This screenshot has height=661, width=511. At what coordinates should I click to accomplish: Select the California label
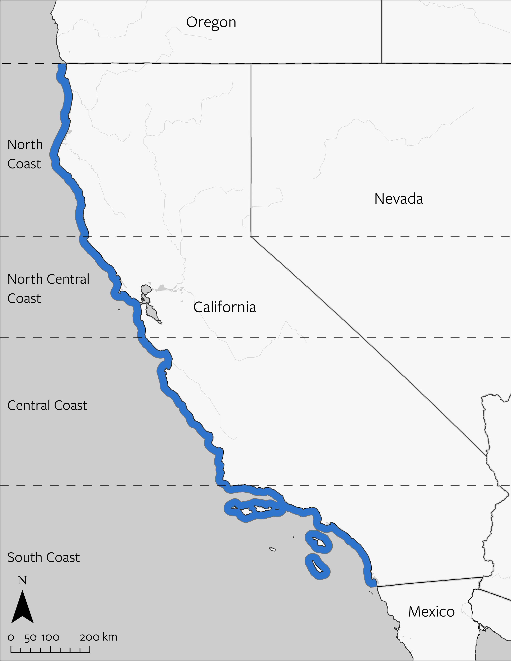point(225,307)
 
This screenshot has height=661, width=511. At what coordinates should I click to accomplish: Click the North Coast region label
point(25,154)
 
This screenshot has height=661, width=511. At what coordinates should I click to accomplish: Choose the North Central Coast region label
point(48,288)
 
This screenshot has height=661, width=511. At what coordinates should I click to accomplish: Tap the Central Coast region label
point(47,405)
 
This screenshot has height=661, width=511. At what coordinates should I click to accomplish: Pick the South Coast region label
point(43,557)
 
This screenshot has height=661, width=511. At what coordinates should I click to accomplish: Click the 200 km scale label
point(98,635)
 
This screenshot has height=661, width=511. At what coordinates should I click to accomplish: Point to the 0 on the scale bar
point(11,635)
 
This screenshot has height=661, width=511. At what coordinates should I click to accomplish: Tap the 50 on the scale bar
point(30,635)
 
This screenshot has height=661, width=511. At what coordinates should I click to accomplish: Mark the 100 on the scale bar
point(50,635)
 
